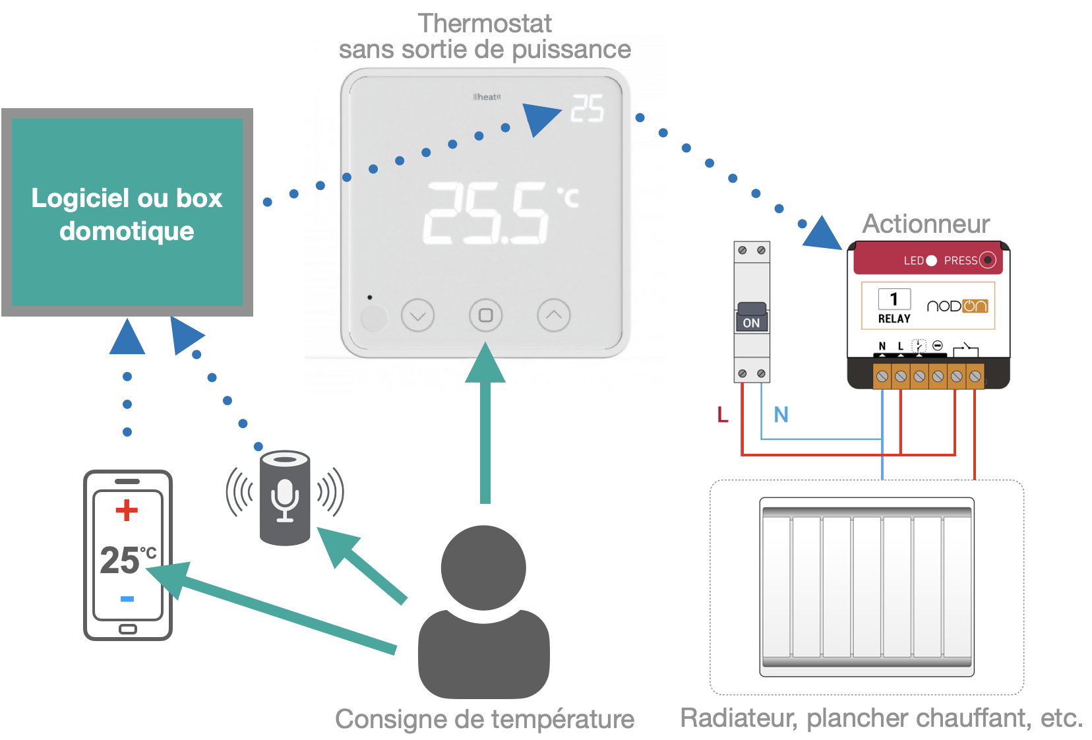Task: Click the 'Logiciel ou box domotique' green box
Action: click(127, 212)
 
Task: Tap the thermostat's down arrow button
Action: click(417, 316)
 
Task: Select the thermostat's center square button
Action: click(485, 315)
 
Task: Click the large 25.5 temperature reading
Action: click(486, 213)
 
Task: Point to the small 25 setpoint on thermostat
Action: click(587, 109)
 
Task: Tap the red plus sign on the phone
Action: click(127, 510)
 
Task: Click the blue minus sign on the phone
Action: click(127, 599)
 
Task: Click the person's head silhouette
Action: click(483, 567)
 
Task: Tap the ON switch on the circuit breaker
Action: click(751, 319)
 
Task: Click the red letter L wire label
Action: click(723, 415)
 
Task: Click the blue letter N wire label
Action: click(781, 415)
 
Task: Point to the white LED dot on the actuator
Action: click(931, 261)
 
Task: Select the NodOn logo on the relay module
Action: click(957, 306)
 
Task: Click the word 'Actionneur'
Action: click(926, 224)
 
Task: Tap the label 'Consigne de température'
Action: click(485, 719)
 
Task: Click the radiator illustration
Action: click(866, 587)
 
